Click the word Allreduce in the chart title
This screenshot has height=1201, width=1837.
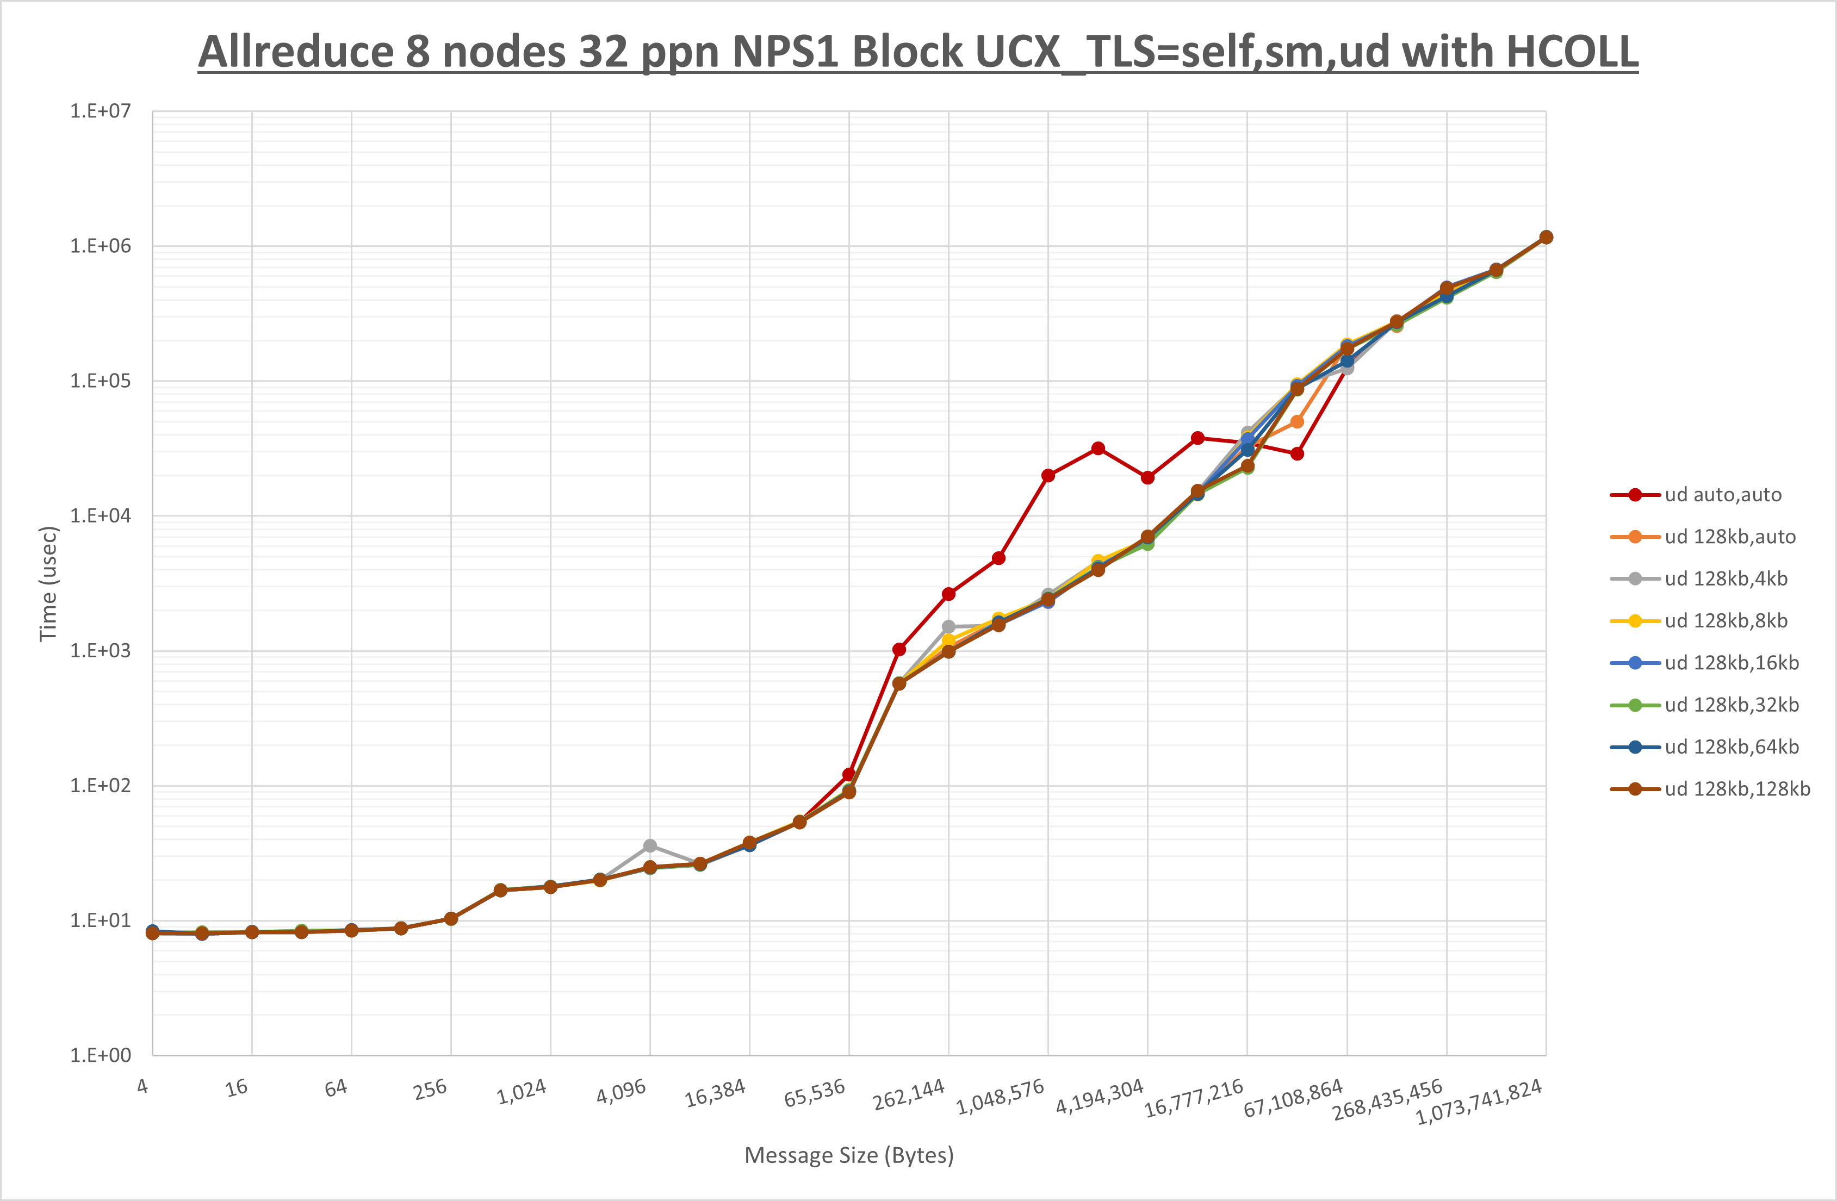(x=296, y=53)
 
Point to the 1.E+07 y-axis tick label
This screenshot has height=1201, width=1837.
(x=101, y=111)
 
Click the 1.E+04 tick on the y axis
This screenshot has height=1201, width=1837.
(x=101, y=515)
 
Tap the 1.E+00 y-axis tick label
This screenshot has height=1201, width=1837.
(x=101, y=1055)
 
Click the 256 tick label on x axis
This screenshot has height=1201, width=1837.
(x=430, y=1089)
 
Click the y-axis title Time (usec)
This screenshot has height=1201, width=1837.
(x=48, y=583)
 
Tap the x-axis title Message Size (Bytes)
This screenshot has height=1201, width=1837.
(x=849, y=1155)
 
